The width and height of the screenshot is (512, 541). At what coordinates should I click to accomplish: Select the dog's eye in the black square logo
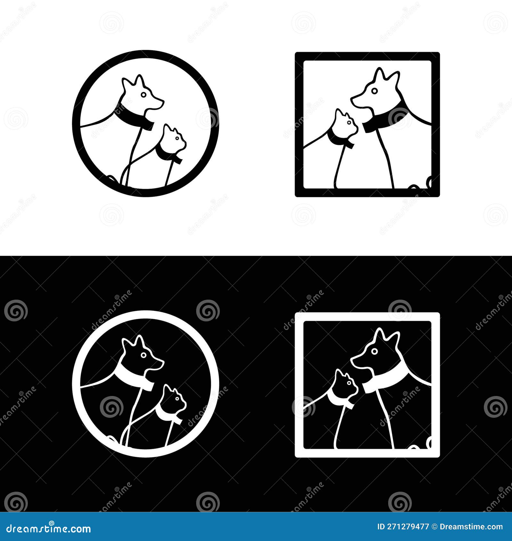(374, 91)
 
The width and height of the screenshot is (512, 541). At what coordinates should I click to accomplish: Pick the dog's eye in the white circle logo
(144, 355)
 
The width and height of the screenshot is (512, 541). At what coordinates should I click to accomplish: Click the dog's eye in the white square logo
(374, 351)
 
